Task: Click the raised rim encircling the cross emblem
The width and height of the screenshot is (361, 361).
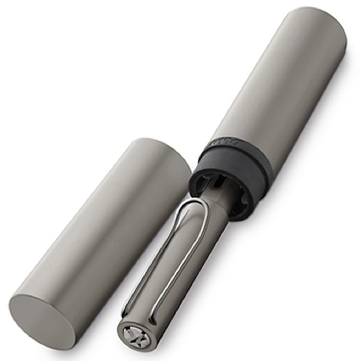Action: pos(123,332)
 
